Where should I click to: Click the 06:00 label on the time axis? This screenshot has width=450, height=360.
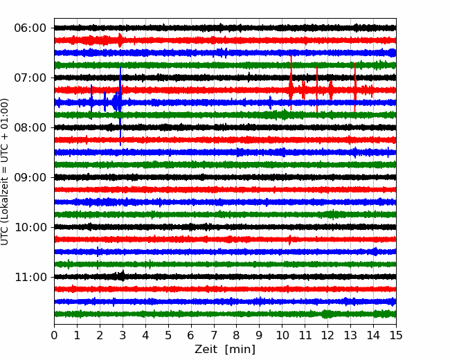(x=30, y=28)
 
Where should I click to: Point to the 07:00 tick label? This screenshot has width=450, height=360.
(x=30, y=78)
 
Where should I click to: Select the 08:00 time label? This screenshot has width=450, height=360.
(x=30, y=127)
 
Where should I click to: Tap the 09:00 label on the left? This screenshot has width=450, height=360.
(x=30, y=177)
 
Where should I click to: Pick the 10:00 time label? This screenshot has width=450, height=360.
(x=30, y=227)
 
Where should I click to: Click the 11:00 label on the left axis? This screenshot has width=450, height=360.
(x=30, y=277)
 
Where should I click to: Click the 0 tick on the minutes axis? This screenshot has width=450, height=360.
(x=54, y=335)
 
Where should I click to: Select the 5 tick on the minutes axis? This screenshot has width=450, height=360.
(x=168, y=335)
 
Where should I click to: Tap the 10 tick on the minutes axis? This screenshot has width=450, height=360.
(x=282, y=335)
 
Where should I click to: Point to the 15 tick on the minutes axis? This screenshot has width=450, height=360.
(x=396, y=335)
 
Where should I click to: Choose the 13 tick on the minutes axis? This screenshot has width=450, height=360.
(x=350, y=335)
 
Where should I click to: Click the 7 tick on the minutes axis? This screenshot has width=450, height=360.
(x=214, y=335)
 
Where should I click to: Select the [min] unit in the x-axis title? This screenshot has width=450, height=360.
(x=240, y=350)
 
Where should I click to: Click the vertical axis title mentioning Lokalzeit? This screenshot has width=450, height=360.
(x=5, y=172)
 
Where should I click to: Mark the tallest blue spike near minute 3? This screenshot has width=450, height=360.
(x=120, y=106)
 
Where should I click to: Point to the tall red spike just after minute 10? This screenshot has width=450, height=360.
(x=291, y=82)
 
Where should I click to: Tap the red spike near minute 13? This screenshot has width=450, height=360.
(x=355, y=87)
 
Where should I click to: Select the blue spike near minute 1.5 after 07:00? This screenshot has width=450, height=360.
(x=91, y=102)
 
